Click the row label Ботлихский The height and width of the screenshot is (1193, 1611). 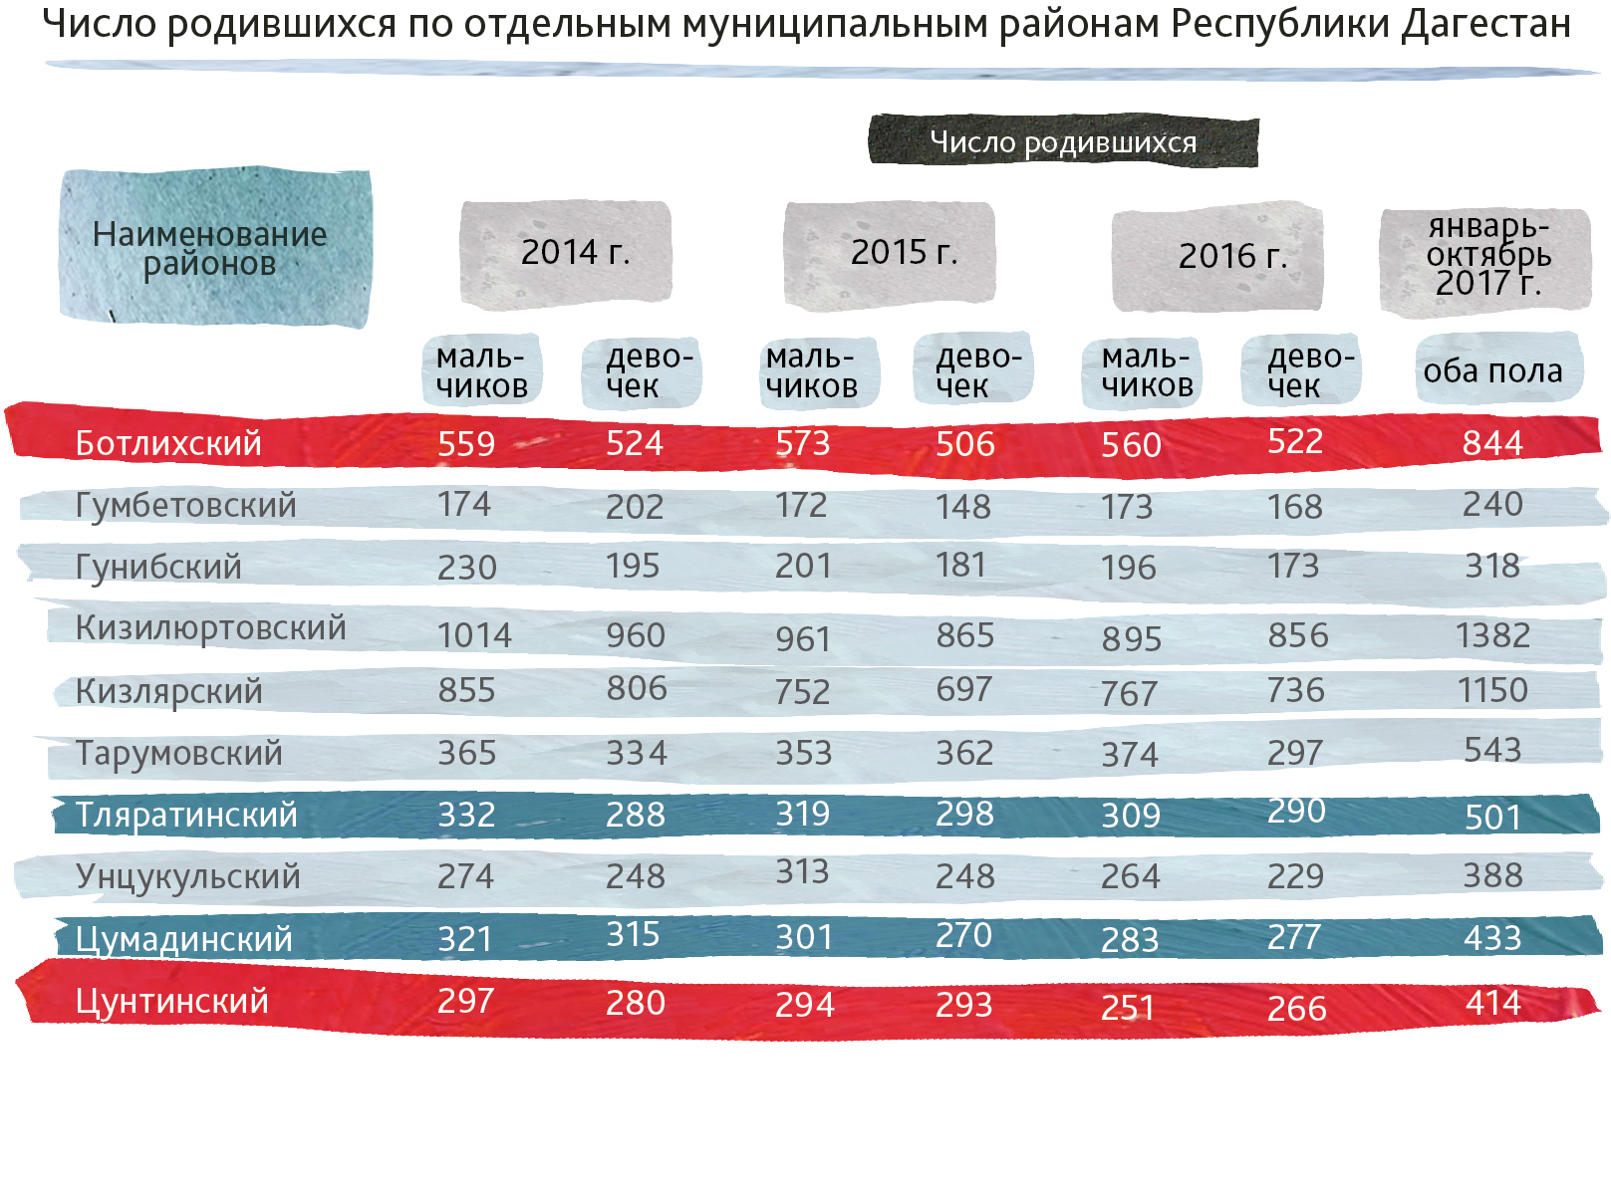168,443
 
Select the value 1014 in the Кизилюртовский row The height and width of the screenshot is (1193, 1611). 474,635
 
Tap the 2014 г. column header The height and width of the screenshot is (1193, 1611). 575,253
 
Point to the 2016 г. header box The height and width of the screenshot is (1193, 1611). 1232,257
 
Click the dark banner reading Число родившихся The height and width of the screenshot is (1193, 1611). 1063,142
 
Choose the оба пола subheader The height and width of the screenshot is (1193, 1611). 1492,371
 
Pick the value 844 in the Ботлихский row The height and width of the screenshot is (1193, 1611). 1492,443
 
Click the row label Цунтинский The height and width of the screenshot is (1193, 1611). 172,1001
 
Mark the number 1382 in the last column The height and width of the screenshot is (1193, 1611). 1492,635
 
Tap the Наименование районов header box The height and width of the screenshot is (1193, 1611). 210,248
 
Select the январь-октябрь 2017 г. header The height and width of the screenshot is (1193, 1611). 1487,257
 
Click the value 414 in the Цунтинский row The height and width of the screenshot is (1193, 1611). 1492,1003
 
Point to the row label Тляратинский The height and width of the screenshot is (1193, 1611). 186,815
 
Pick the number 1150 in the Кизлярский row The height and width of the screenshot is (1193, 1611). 1492,690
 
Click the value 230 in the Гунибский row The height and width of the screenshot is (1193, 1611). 467,568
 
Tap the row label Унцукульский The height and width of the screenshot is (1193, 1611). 188,876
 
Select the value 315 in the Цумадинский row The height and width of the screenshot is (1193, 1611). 634,935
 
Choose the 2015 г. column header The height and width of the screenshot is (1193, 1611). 904,253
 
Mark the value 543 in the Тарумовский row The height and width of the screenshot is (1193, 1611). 1492,750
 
